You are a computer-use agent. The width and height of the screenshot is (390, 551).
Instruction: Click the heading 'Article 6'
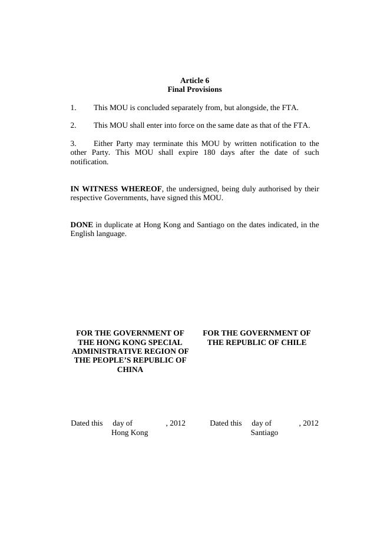(194, 81)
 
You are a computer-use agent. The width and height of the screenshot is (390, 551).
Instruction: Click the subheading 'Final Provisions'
(194, 89)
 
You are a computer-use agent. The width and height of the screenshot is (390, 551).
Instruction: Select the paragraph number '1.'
(73, 108)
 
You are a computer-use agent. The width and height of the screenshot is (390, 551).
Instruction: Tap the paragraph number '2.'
(73, 125)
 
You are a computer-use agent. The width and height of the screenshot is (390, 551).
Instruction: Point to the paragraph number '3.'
(73, 143)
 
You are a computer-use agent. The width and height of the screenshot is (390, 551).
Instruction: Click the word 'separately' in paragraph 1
(180, 108)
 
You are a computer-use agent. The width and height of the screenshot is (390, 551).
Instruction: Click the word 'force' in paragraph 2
(179, 125)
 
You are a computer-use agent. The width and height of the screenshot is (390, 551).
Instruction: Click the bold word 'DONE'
(81, 225)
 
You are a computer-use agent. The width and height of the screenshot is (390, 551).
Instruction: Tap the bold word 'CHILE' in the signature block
(293, 342)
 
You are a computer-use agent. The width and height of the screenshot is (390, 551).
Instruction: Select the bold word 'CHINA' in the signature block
(130, 370)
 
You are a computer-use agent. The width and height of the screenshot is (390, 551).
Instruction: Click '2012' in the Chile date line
(310, 423)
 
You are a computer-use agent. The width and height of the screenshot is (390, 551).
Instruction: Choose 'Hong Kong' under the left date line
(130, 433)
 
